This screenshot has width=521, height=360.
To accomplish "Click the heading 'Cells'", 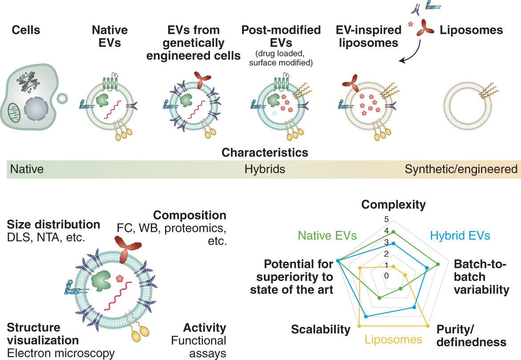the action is click(26, 30).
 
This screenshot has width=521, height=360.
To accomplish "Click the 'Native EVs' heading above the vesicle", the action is click(109, 36).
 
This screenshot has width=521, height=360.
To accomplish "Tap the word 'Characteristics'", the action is click(265, 152).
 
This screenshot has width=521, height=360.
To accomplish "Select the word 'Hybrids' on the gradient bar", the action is click(265, 169).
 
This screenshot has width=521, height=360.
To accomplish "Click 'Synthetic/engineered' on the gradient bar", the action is click(461, 169).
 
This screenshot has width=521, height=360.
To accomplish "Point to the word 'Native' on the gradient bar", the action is click(27, 169).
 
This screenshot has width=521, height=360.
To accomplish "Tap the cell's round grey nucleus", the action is click(37, 109).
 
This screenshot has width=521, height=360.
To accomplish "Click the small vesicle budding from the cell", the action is click(62, 98).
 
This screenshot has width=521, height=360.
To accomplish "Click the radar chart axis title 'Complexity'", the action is click(393, 204).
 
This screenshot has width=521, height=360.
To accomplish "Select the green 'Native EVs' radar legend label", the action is click(327, 235).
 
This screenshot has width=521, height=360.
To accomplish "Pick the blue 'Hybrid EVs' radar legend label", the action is click(460, 236).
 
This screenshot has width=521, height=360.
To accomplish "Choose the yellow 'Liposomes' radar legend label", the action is click(393, 340).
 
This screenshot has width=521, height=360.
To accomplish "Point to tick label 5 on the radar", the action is click(386, 219).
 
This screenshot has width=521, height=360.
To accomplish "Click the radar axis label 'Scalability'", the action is click(321, 329).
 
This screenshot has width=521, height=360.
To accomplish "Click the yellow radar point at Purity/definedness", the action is click(428, 326).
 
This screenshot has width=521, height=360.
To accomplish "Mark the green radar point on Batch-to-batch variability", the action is click(438, 264).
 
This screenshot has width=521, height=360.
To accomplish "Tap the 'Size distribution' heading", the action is click(53, 224).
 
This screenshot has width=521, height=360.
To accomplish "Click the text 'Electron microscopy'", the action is click(61, 353).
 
